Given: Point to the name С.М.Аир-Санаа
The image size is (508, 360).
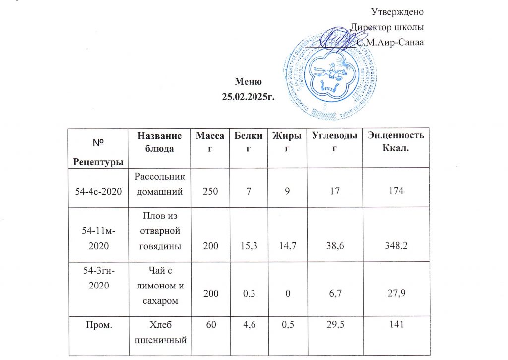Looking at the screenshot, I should (390, 42).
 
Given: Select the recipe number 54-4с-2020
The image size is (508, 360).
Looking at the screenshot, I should (98, 191).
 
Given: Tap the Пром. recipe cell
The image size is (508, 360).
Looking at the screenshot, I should (98, 325).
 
